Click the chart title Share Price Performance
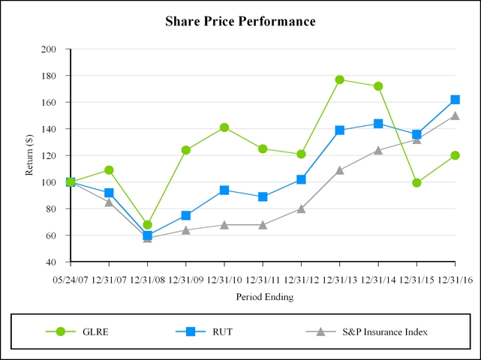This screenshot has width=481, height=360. coord(240,21)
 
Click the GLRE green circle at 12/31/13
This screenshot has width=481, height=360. coord(340,79)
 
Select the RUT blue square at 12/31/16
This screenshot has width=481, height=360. coord(455,100)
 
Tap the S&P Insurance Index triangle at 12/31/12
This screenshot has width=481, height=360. coord(302,208)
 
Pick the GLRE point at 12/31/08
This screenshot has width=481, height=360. coord(148,225)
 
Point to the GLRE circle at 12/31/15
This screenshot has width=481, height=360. coord(416,182)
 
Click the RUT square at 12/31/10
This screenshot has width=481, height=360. coord(224,190)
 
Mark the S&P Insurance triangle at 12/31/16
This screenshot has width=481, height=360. coord(455,115)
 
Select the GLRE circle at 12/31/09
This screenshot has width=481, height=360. coord(186,150)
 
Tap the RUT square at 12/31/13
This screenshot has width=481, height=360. coord(340,130)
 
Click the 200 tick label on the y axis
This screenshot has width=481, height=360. coord(50,49)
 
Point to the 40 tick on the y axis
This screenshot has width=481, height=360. coord(53,262)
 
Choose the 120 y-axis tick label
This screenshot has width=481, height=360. coord(50,156)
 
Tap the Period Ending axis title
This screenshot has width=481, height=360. coord(265,296)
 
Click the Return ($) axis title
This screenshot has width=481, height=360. coord(29,156)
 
